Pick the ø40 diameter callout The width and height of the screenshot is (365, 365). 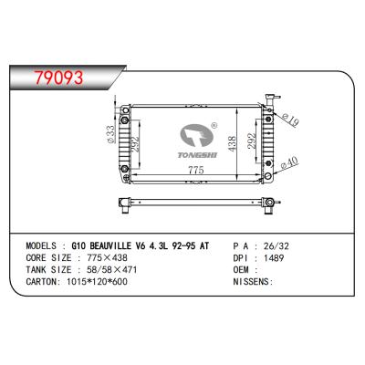coord(289,163)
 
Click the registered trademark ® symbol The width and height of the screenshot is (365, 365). coord(214,127)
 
